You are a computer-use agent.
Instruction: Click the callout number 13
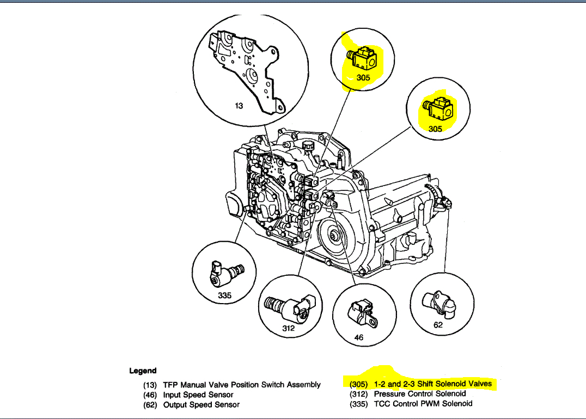tap(239, 106)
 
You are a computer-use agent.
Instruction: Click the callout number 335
tap(224, 295)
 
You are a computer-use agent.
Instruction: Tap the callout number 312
tap(288, 328)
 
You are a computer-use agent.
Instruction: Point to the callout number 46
tap(358, 337)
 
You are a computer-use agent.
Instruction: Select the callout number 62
tap(438, 325)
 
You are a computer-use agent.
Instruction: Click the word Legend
tap(143, 371)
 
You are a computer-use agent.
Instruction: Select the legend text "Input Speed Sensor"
tap(198, 395)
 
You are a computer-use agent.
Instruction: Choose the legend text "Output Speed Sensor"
tap(201, 404)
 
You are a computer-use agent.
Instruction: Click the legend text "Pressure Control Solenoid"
tap(420, 393)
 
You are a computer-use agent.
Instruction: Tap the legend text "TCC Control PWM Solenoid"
tap(423, 403)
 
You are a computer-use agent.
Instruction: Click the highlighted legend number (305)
tap(358, 384)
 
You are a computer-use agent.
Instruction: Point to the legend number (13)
tap(150, 385)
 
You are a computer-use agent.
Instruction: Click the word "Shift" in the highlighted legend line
tap(428, 384)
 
